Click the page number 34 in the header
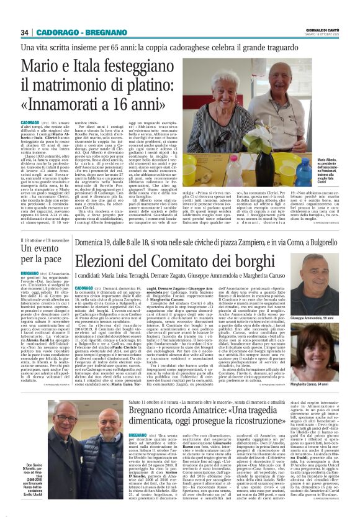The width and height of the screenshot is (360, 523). tap(25, 32)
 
